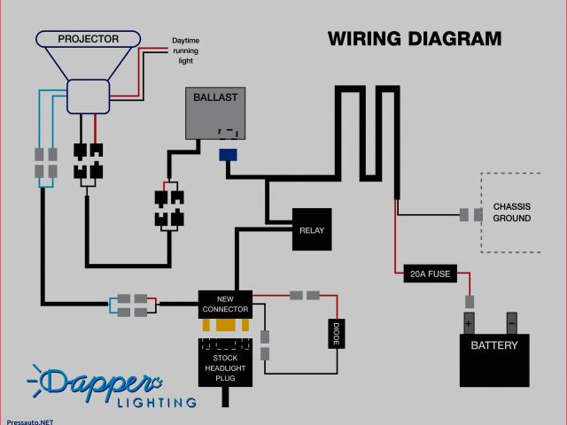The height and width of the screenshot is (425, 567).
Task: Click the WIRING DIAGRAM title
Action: coord(415,39)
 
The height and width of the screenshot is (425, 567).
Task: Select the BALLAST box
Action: coord(216,112)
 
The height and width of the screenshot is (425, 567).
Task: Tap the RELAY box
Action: coord(312,229)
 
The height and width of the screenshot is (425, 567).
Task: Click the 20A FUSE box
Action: coord(428,274)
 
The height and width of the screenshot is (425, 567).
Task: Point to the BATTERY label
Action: coord(493,346)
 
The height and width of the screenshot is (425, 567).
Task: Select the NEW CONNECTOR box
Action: coord(224,304)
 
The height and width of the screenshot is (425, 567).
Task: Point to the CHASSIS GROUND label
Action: coord(512,212)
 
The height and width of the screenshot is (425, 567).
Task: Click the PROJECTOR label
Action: coord(89,39)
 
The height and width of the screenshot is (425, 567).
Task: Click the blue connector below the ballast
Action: coord(228,154)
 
